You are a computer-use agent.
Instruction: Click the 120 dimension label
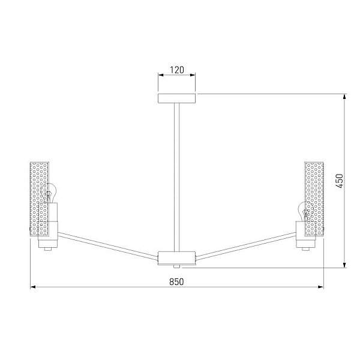[177, 70]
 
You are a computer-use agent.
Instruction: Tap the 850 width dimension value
[176, 282]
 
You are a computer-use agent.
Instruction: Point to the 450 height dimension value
[340, 181]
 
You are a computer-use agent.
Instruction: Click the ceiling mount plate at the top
[177, 98]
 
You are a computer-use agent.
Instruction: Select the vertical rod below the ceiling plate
[177, 177]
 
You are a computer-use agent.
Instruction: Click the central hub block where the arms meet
[177, 258]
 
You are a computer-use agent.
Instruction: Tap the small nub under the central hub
[176, 266]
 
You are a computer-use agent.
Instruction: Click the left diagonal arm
[108, 247]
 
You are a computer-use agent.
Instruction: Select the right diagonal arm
[245, 247]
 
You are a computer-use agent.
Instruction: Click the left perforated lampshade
[39, 199]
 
